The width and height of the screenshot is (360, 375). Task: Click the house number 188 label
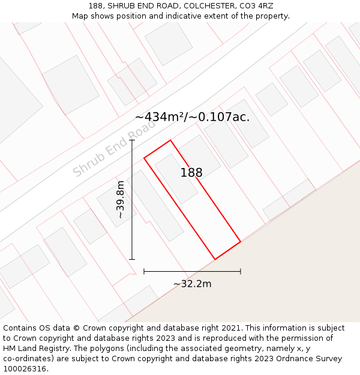click(x=191, y=173)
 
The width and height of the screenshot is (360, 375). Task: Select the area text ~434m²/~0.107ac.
click(x=192, y=117)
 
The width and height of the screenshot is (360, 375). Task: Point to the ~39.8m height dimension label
click(x=121, y=199)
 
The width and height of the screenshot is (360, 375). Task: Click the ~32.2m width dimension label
click(x=192, y=284)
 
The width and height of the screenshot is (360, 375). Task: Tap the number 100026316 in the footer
click(x=26, y=369)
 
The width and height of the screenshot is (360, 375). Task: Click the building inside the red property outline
click(x=176, y=179)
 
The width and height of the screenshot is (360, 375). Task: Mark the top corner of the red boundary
click(x=171, y=140)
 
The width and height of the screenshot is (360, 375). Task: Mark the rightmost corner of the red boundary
click(x=241, y=242)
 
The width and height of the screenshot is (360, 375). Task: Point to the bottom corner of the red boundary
click(x=215, y=259)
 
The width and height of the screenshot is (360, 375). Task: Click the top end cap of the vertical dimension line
click(x=132, y=140)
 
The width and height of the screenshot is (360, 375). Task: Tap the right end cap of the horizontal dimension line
click(x=241, y=271)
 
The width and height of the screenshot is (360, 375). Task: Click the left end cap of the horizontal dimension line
click(x=144, y=271)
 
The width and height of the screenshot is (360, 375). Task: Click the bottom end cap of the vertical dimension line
click(x=132, y=259)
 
